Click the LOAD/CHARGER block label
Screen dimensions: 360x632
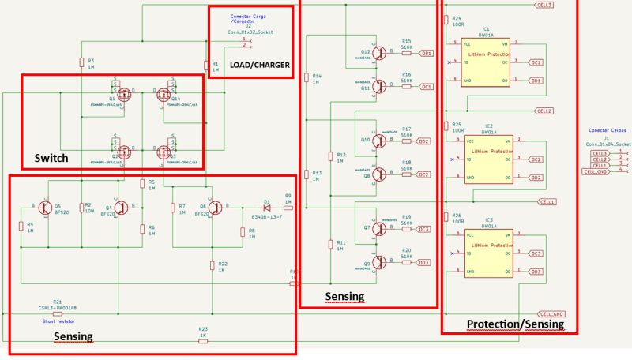pos(259,65)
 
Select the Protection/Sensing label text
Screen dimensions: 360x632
pos(515,324)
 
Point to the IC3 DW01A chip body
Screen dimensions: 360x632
pos(485,253)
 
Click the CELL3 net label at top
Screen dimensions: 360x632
pos(544,5)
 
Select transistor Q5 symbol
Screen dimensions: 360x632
pos(45,208)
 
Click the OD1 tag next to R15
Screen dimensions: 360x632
pos(426,53)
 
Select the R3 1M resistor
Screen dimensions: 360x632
pos(81,62)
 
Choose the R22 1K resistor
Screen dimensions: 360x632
pos(212,266)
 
